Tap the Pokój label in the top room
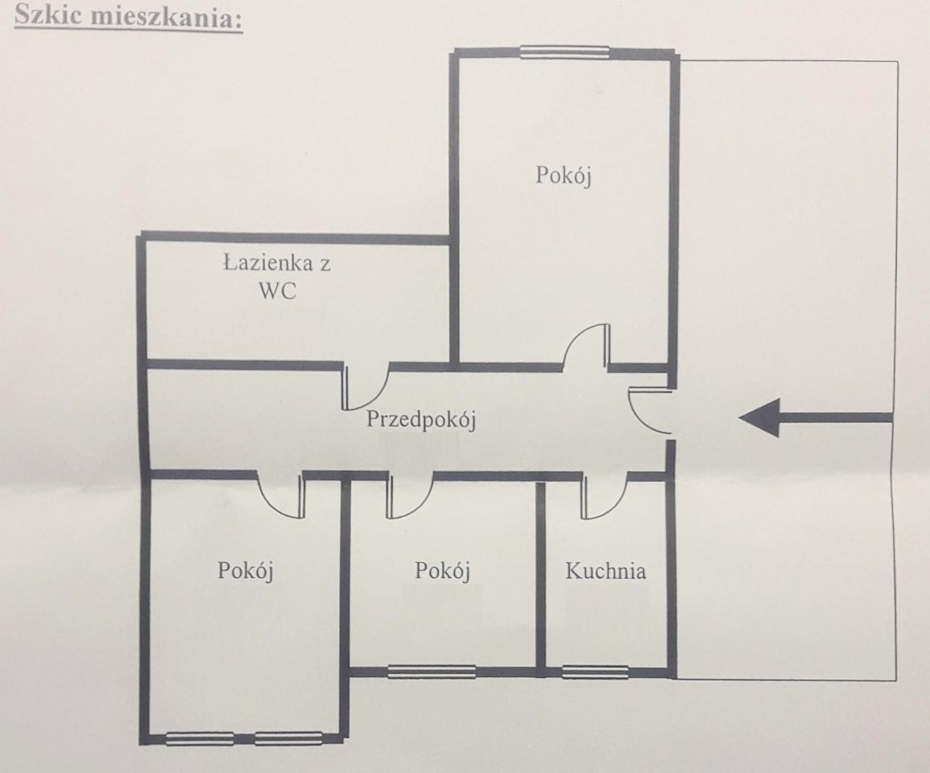click(x=564, y=176)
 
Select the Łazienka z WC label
click(x=277, y=276)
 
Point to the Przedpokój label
click(x=421, y=420)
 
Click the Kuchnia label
click(x=605, y=571)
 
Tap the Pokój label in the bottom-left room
click(x=245, y=571)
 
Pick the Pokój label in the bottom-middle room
click(x=443, y=571)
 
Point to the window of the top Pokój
click(x=564, y=52)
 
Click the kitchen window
click(x=595, y=672)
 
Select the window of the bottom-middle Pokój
click(x=432, y=672)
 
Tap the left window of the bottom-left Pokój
click(x=200, y=739)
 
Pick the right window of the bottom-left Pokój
click(x=289, y=739)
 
